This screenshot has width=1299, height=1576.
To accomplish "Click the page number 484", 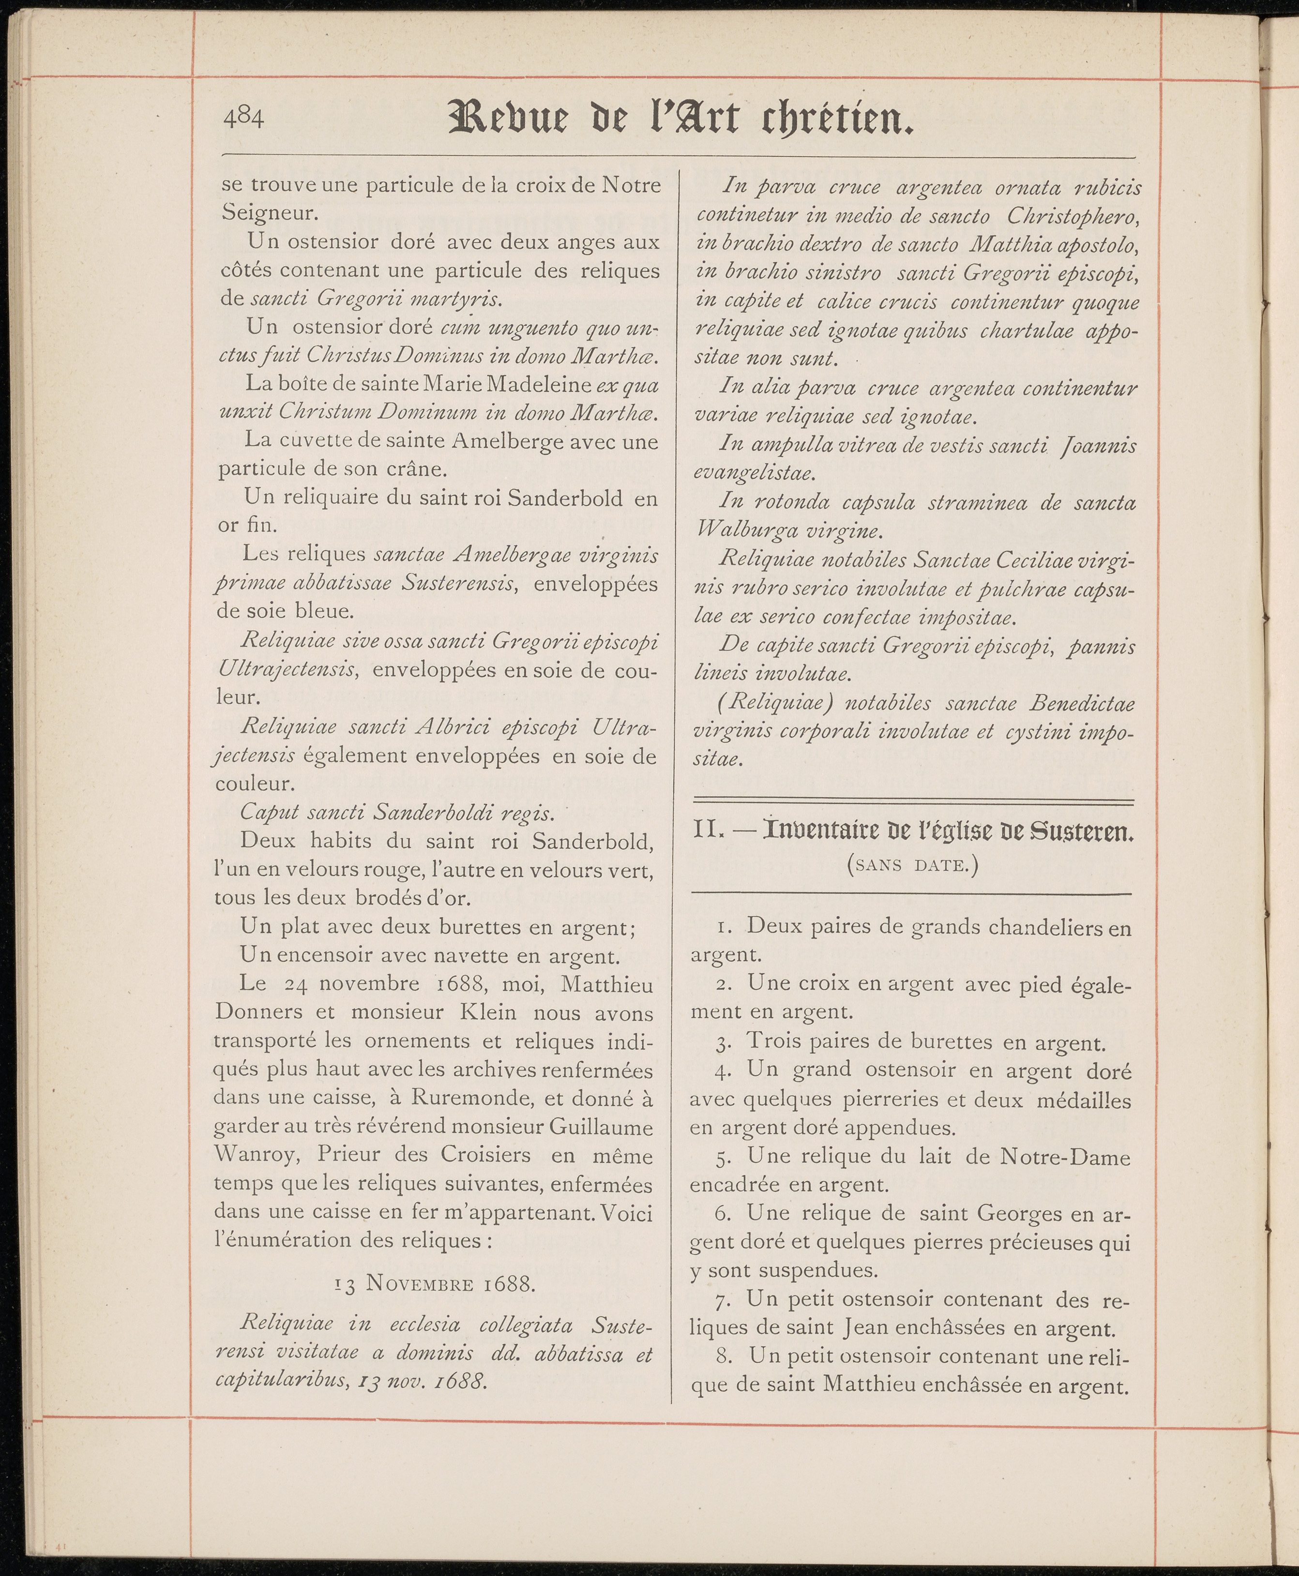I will click(x=243, y=118).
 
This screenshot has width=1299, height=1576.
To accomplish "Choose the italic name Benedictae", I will click(x=1081, y=705).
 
